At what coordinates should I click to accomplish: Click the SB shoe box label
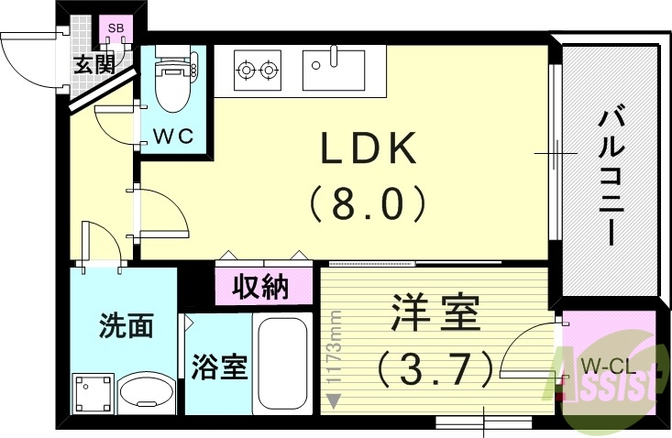tap(116, 28)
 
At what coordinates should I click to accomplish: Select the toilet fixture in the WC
tap(171, 82)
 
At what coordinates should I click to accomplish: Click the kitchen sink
tap(334, 66)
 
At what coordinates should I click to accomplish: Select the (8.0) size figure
tap(367, 203)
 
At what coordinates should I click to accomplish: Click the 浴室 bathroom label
tap(218, 367)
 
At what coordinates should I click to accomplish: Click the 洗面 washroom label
tap(125, 325)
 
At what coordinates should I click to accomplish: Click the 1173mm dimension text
tap(336, 348)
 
